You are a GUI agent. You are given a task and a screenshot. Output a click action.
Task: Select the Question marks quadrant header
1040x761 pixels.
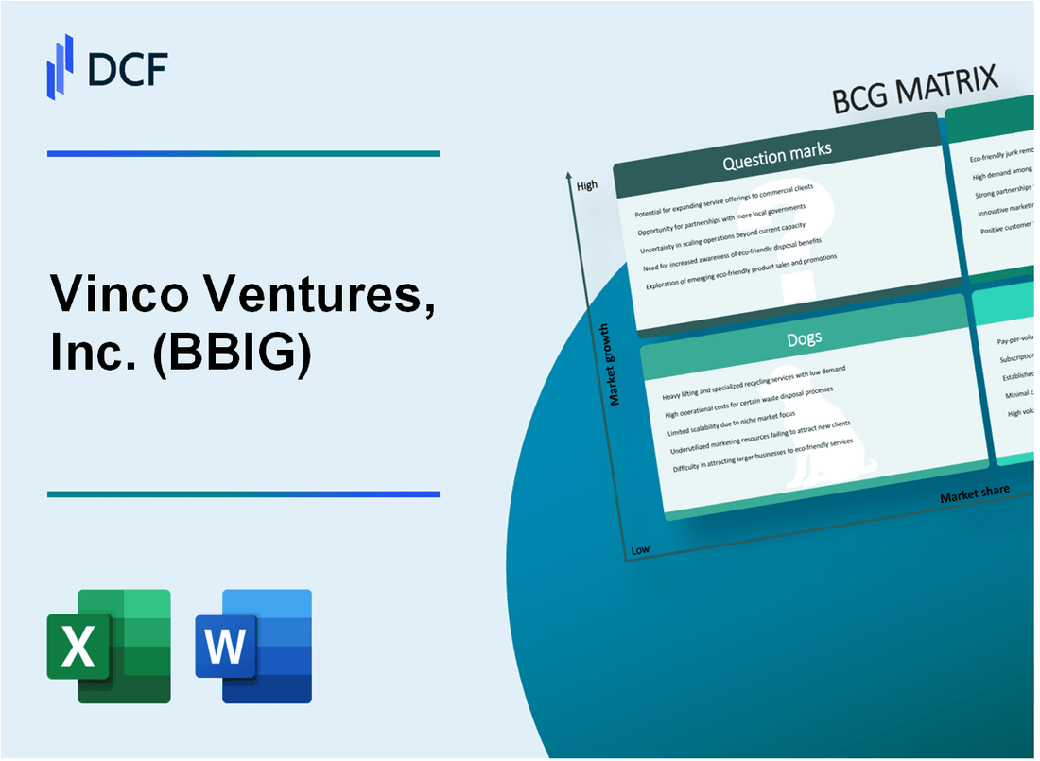pos(776,157)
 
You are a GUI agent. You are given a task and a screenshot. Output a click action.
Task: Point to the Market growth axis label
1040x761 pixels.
pos(615,365)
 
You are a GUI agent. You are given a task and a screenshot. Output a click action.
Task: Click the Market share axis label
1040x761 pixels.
pos(974,493)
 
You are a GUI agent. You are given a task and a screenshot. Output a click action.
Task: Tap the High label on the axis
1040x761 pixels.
pos(587,185)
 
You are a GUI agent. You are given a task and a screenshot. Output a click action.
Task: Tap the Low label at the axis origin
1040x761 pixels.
pos(640,550)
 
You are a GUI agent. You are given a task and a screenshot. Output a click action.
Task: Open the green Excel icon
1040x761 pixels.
pos(109,646)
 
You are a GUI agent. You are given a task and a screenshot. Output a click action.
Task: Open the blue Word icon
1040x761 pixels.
pos(254,646)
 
